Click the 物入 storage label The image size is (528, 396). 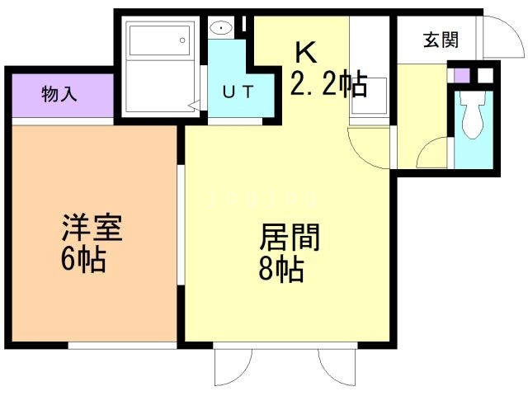pyautogui.click(x=59, y=94)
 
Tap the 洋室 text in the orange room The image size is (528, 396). pyautogui.click(x=92, y=229)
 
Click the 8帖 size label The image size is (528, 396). pyautogui.click(x=280, y=270)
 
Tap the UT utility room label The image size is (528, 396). pyautogui.click(x=238, y=91)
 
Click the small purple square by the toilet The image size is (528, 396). pyautogui.click(x=463, y=75)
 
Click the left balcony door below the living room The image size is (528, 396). pyautogui.click(x=233, y=363)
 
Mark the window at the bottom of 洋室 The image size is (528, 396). pyautogui.click(x=122, y=345)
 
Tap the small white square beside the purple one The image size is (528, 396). pyautogui.click(x=484, y=75)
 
